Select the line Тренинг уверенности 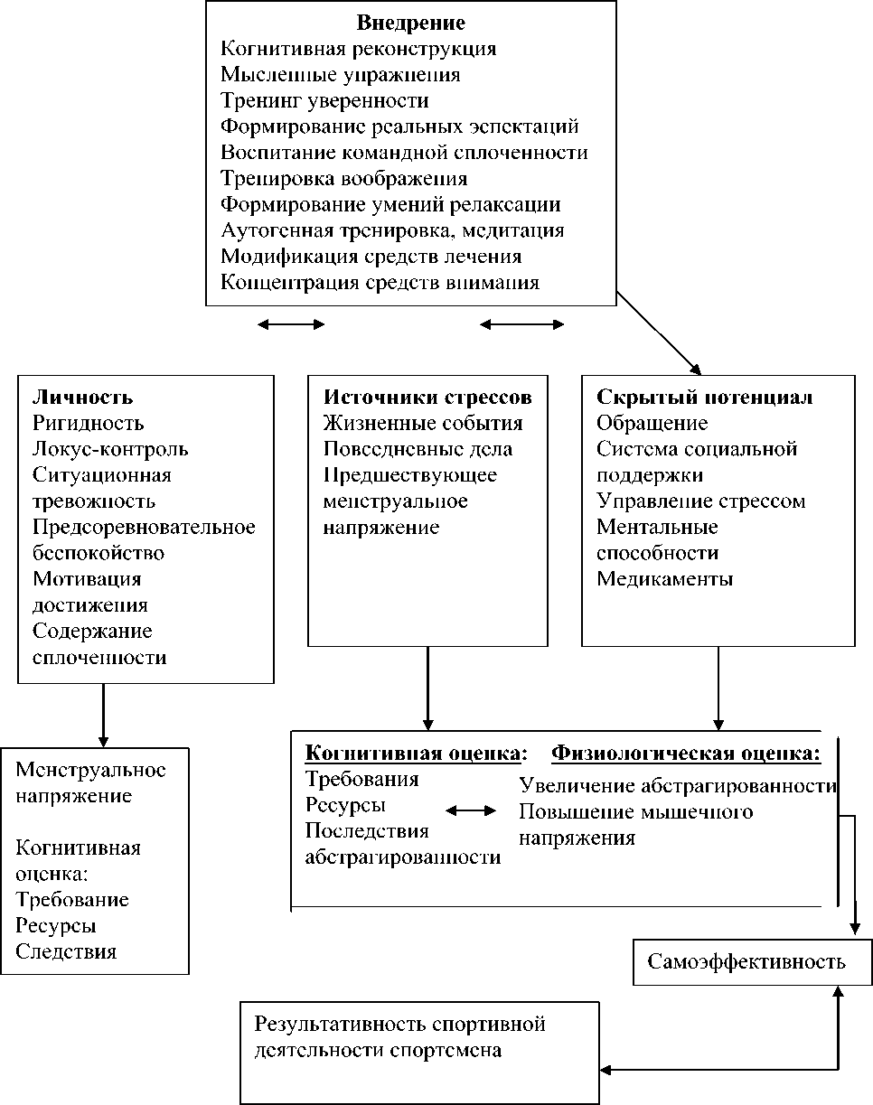[324, 100]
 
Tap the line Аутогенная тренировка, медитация [392, 230]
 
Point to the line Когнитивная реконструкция [358, 48]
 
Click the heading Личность [83, 397]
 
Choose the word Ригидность [88, 423]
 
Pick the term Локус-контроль [110, 449]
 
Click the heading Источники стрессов [427, 397]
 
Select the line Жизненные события [423, 423]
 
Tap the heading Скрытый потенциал [705, 397]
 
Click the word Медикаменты [664, 579]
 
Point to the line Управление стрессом [701, 501]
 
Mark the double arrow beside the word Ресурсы [472, 810]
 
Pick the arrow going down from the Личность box [103, 714]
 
